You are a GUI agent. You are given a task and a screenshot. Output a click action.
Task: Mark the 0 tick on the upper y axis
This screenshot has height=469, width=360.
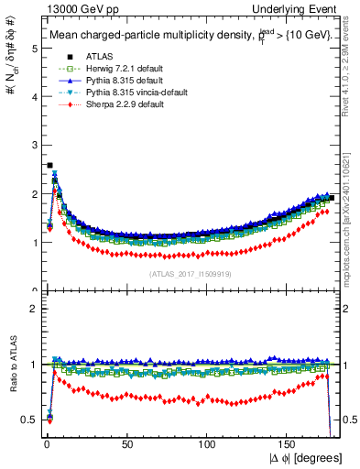coord(31,290)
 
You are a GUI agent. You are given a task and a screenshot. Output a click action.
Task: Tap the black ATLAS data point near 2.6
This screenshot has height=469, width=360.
coord(49,166)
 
